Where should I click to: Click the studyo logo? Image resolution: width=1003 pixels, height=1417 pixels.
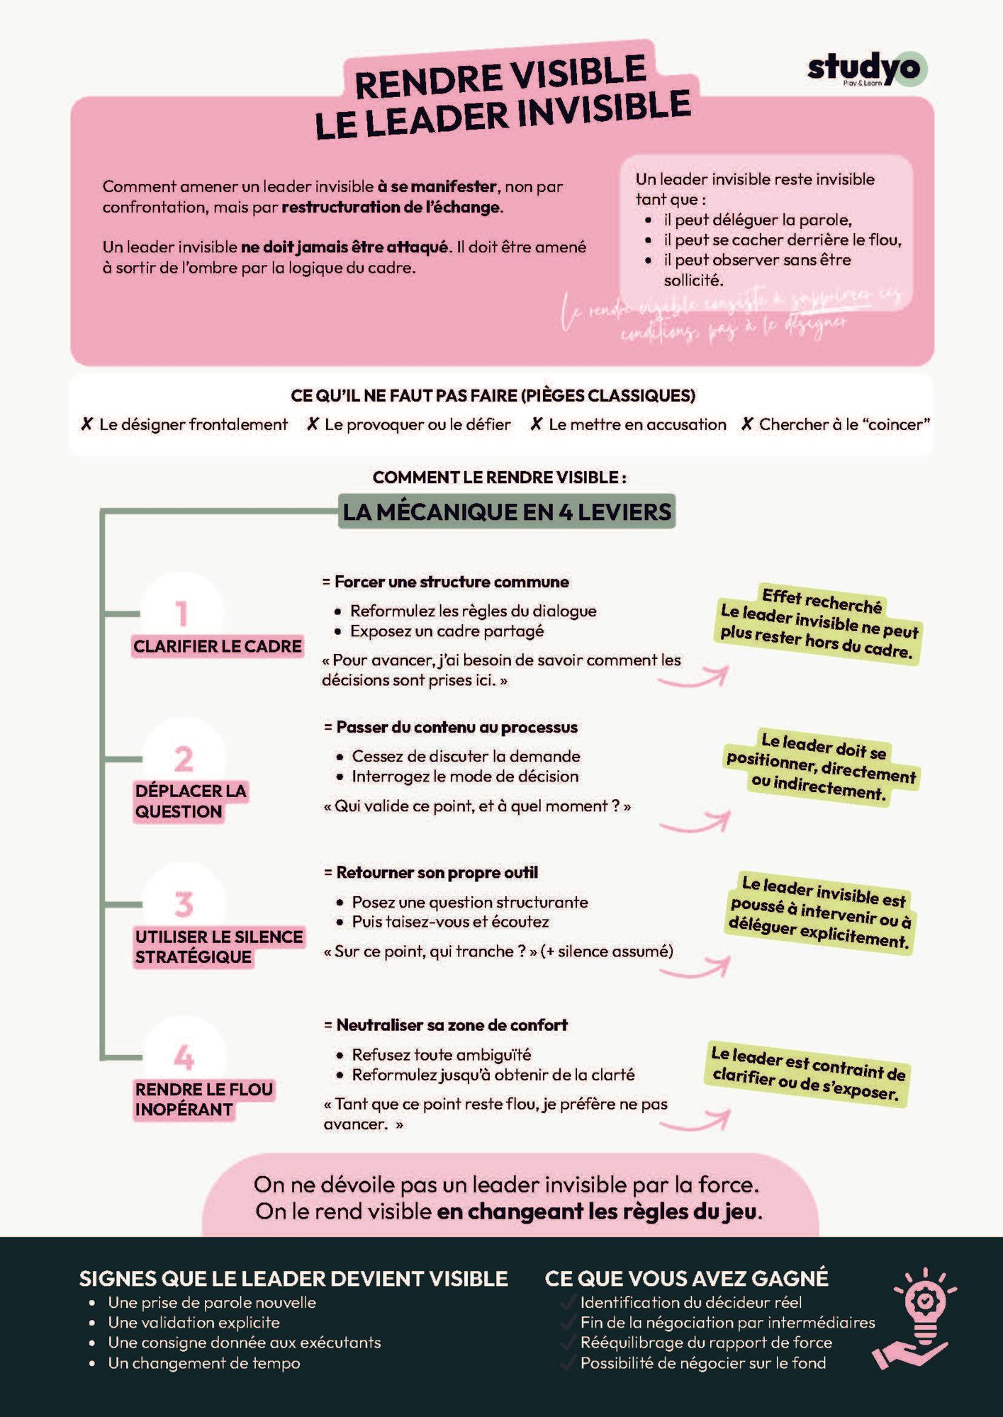(x=866, y=69)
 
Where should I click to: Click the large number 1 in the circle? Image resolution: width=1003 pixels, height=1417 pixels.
(x=181, y=614)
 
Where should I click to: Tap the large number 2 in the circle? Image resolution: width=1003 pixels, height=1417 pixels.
(x=184, y=759)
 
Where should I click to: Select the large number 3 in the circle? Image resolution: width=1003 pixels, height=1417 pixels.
(x=184, y=905)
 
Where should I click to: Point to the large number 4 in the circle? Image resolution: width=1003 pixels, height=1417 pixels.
(x=184, y=1058)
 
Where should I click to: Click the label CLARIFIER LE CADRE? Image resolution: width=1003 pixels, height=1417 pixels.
(x=218, y=646)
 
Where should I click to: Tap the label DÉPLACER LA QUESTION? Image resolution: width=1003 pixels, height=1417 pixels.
(x=190, y=801)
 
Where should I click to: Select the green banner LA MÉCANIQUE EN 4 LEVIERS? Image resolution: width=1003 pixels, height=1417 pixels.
(x=507, y=512)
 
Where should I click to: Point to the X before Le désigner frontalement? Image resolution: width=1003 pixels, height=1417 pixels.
(x=87, y=424)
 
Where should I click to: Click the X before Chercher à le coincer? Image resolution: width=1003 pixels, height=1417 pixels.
(x=746, y=424)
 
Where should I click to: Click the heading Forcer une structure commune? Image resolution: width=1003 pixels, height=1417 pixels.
(x=452, y=582)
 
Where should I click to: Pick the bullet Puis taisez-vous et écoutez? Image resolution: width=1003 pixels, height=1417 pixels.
(x=450, y=922)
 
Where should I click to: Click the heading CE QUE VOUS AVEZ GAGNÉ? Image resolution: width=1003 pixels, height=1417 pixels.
(x=686, y=1278)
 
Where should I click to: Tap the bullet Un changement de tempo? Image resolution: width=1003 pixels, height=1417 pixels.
(x=204, y=1362)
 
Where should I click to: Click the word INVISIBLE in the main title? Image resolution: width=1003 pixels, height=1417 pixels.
(x=604, y=111)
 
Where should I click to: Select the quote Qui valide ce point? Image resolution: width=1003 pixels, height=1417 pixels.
(x=476, y=806)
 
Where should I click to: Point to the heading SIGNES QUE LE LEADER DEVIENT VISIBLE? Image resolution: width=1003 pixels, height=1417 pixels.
(x=293, y=1278)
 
